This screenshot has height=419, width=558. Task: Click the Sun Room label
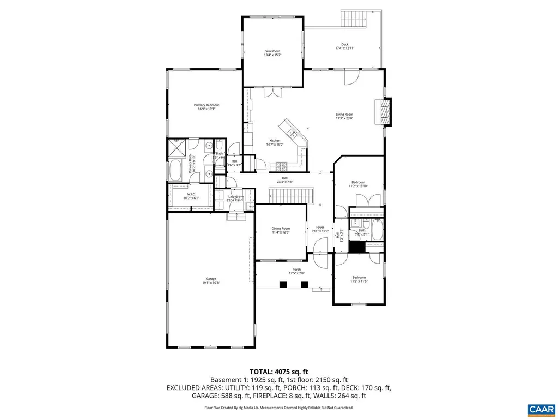[272, 53]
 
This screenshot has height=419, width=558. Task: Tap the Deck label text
[344, 46]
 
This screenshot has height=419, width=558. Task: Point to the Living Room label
[344, 116]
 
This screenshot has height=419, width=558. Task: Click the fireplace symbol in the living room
[385, 112]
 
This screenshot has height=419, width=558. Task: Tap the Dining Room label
[281, 230]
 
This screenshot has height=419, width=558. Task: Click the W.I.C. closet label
[191, 196]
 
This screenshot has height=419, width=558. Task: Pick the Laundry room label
[234, 199]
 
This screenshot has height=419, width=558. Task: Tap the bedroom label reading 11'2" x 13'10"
[358, 184]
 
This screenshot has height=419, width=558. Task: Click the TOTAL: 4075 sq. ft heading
[278, 372]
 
